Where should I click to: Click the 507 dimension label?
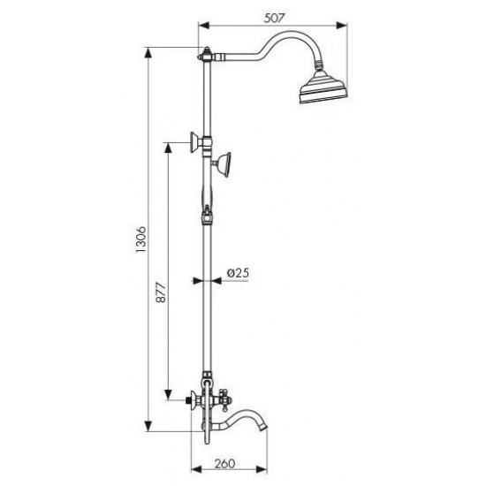274,19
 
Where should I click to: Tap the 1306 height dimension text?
140,239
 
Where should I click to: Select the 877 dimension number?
161,292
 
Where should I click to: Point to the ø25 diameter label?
238,273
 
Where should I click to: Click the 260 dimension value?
224,464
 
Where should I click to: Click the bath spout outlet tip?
262,428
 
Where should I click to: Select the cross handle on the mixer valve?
224,399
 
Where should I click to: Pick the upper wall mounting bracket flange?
194,142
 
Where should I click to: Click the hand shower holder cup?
225,164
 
